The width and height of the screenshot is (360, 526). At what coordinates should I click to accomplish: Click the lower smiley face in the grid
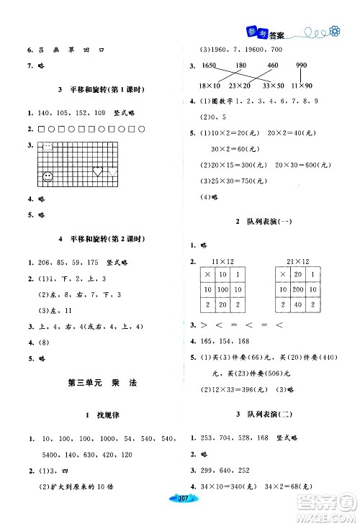tap(48, 175)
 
